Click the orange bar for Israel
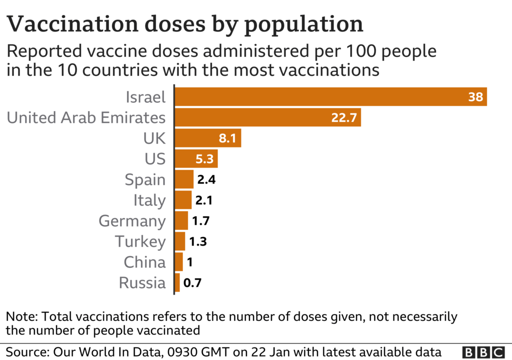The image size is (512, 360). point(330,96)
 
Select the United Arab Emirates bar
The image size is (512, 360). point(267,117)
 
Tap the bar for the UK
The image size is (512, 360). point(207,138)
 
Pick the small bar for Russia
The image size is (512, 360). point(177,283)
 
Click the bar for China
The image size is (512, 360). point(178,262)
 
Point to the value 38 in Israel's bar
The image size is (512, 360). point(475,96)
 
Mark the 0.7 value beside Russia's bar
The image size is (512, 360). point(192,283)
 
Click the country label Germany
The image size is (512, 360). point(132,221)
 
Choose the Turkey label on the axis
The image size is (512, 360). point(140,241)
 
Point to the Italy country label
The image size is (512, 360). point(149,200)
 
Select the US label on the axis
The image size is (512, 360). point(154,159)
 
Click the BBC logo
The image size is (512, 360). point(483,352)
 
